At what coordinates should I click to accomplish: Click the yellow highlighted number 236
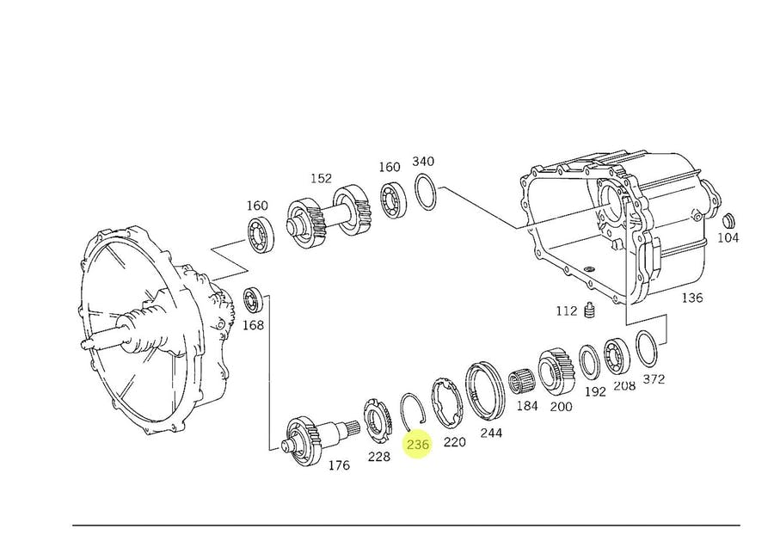[418, 446]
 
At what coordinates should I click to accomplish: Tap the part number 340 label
[423, 161]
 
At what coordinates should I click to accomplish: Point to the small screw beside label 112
[590, 310]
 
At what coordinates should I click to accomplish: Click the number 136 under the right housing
[691, 298]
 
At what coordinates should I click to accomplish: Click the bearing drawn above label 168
[253, 300]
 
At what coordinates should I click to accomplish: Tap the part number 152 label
[321, 178]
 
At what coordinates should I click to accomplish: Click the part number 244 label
[491, 433]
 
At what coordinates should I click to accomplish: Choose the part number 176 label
[339, 465]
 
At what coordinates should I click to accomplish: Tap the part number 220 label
[454, 441]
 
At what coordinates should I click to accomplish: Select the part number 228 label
[379, 457]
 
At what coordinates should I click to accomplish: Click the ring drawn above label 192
[589, 361]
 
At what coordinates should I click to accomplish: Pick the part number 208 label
[624, 385]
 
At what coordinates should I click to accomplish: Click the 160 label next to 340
[390, 167]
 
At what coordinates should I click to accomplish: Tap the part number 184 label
[527, 405]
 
